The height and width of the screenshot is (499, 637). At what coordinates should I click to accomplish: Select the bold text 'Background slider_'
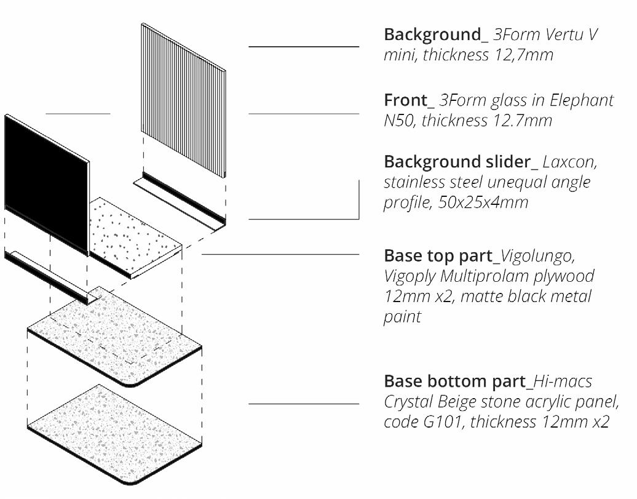point(461,162)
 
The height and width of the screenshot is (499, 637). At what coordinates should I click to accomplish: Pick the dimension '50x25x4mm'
point(484,203)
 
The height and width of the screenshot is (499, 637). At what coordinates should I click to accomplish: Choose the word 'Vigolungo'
point(539,255)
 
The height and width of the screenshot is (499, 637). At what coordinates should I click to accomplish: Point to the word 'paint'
point(403,317)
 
